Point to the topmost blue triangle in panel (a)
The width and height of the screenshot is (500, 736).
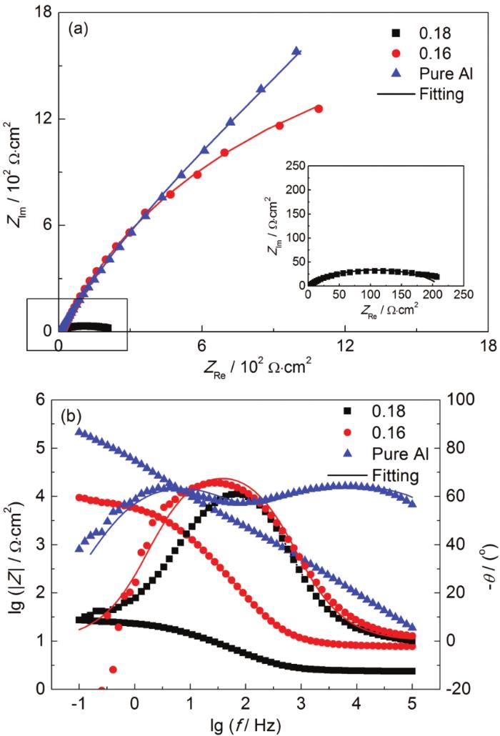point(296,51)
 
